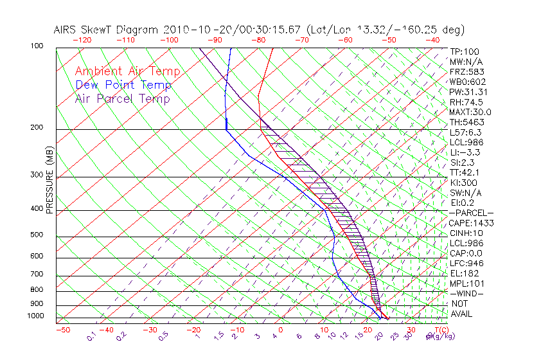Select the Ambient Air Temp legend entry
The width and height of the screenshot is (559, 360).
click(127, 71)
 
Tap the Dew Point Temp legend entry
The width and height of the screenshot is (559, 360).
click(123, 85)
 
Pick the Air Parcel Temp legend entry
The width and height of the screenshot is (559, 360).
click(122, 98)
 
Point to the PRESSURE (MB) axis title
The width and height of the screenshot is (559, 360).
click(49, 183)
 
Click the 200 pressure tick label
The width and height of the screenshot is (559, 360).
click(38, 127)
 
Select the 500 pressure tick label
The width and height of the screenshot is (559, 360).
click(38, 235)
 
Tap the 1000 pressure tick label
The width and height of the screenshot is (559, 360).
click(36, 316)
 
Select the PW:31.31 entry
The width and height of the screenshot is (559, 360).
click(468, 92)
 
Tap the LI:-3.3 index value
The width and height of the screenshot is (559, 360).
click(465, 152)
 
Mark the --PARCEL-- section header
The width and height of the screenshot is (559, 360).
click(471, 213)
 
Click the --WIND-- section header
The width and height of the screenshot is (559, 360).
click(466, 294)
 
